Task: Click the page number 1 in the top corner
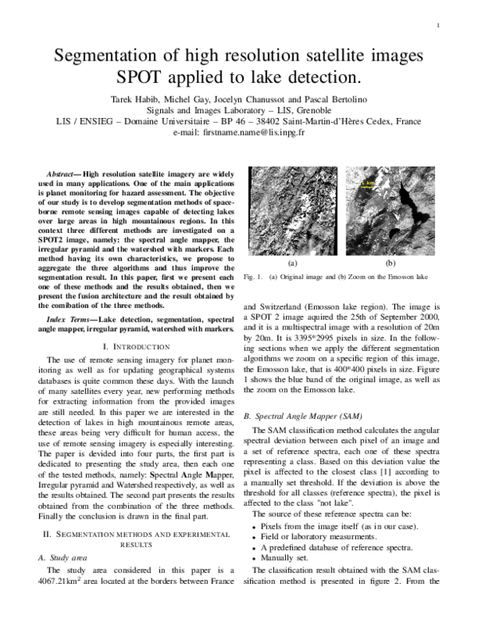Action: click(440, 26)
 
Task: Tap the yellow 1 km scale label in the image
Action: click(369, 183)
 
